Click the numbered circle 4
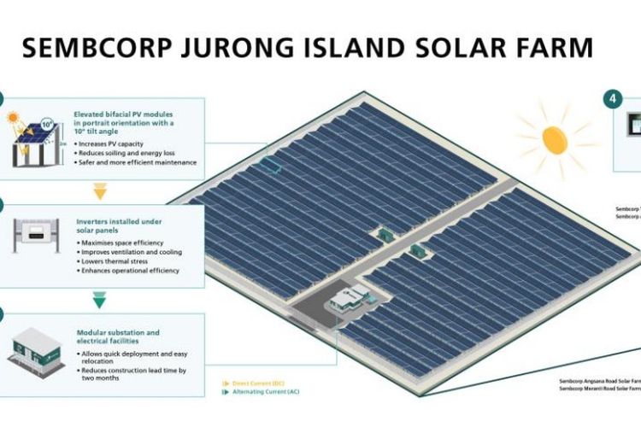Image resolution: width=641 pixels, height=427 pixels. point(614,99)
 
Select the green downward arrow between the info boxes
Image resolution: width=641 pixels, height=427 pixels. point(100,300)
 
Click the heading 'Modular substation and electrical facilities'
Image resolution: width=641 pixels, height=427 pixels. point(118,336)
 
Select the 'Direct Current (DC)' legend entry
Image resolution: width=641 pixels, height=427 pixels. point(256,383)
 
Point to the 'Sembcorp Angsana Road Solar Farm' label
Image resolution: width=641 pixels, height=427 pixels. point(598,381)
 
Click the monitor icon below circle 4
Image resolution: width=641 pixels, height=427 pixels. point(633,126)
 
